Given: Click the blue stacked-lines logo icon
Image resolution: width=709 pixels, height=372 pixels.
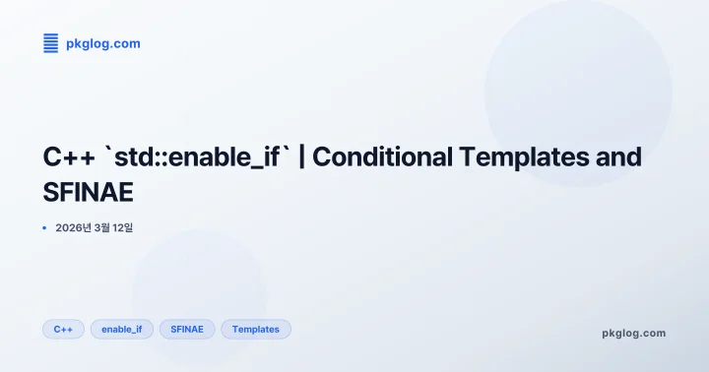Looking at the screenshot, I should (x=51, y=43).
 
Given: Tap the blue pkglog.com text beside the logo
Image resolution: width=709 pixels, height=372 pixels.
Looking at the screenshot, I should (x=102, y=43).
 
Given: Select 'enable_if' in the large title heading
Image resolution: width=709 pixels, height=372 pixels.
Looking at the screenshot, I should (x=223, y=156).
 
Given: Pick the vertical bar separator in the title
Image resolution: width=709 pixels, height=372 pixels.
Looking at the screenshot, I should (x=301, y=156).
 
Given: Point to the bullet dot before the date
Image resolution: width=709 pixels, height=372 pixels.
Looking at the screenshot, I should (x=45, y=228).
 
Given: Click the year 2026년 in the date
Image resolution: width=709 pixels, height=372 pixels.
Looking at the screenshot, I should (x=75, y=228).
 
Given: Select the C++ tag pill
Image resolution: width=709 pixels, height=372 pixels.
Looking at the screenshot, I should (x=63, y=329).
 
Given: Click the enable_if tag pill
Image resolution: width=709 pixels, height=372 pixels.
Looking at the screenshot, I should (x=122, y=329).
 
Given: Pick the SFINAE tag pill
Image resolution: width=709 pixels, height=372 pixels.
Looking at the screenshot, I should (x=187, y=329).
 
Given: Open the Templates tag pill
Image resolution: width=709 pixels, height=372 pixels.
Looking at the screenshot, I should (x=256, y=329).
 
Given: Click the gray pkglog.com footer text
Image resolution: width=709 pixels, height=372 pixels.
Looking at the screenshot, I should (x=633, y=333).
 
